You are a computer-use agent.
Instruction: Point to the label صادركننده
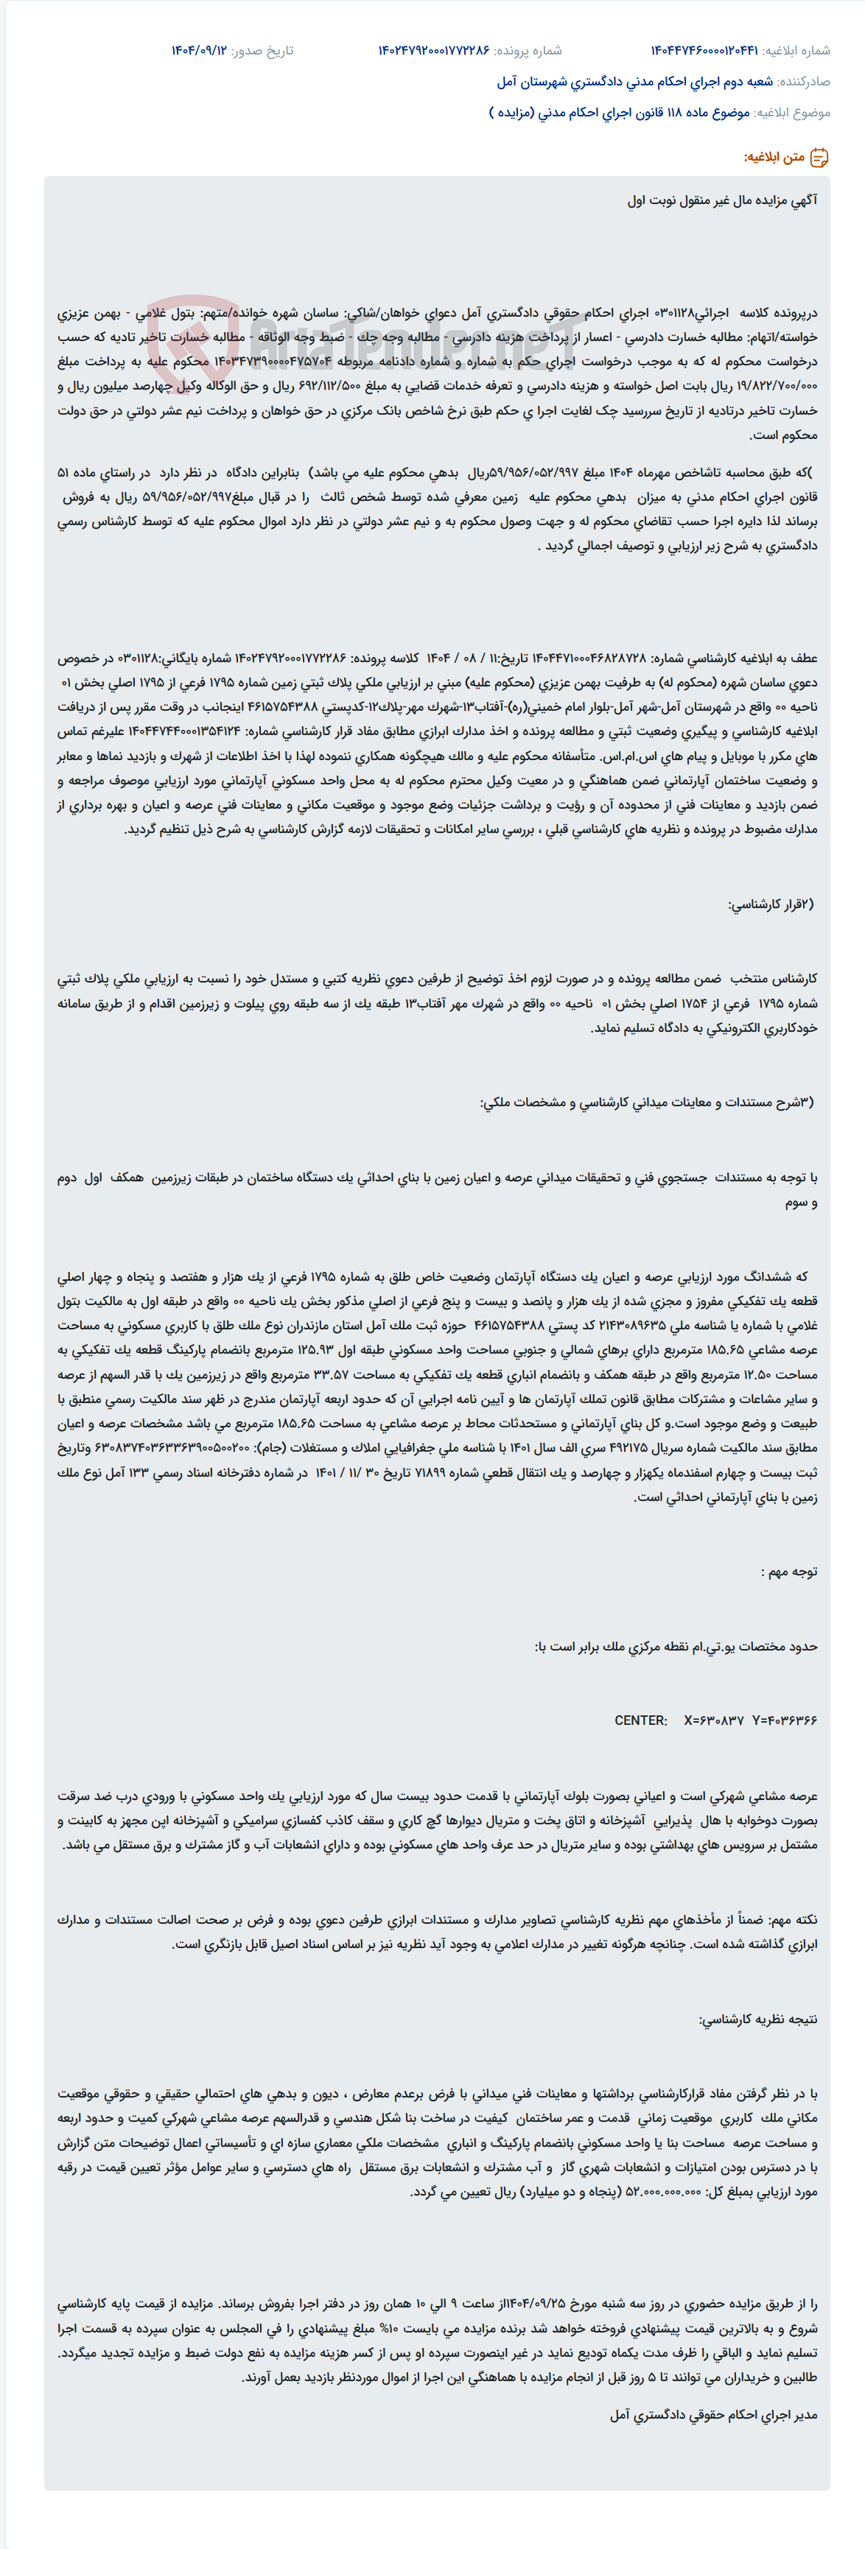804,82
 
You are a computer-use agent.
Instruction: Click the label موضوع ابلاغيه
792,113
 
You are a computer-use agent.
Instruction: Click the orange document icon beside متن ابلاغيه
819,158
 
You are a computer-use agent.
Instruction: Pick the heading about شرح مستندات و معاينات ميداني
648,1103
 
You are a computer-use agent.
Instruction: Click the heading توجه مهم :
789,1572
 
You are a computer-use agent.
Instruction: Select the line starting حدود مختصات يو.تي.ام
676,1647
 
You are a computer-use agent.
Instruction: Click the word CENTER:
640,1720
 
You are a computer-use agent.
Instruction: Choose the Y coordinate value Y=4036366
785,1720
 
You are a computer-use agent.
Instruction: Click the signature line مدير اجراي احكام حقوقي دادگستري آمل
713,2416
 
